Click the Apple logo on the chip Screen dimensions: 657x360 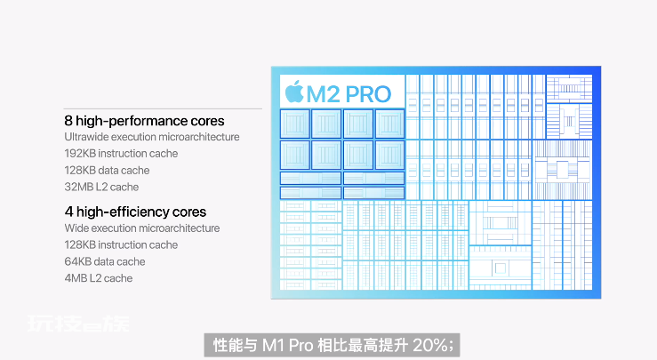[x=294, y=92]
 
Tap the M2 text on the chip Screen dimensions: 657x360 [x=323, y=94]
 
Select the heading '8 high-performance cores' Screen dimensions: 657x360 [x=144, y=121]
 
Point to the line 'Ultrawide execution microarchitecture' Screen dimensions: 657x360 [x=152, y=137]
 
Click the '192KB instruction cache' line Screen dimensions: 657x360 [x=121, y=154]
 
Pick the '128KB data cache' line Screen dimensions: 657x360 [x=107, y=170]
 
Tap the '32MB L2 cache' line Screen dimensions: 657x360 [x=101, y=187]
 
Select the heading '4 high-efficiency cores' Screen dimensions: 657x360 [x=135, y=212]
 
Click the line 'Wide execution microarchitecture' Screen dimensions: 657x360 [x=142, y=228]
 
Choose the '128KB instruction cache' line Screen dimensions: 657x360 [x=121, y=244]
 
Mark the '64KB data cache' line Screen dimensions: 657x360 [x=105, y=261]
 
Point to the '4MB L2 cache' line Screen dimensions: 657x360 [x=99, y=278]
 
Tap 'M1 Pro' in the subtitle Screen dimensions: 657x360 [x=288, y=345]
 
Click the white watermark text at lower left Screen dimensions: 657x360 [x=78, y=324]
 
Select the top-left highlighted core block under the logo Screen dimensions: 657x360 [x=295, y=124]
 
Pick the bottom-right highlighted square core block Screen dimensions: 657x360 [x=389, y=155]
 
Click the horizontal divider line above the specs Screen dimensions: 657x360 [x=163, y=109]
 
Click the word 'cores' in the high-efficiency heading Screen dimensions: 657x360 [x=188, y=212]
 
